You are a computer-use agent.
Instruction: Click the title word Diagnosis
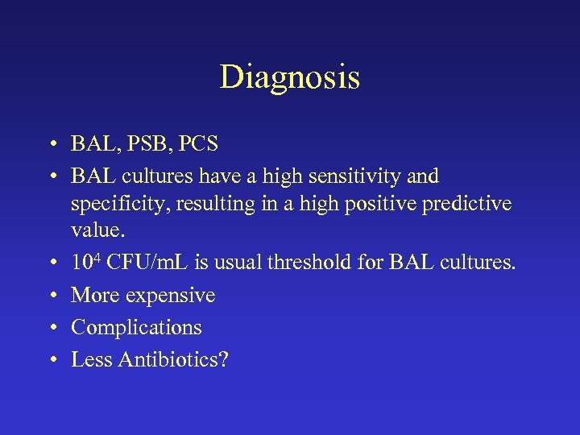[x=289, y=78]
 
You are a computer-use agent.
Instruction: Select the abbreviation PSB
[x=146, y=144]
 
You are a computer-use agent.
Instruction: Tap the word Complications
[x=136, y=328]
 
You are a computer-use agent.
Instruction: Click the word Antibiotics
[x=172, y=359]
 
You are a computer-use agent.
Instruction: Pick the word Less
[x=91, y=359]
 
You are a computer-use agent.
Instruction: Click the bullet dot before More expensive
[x=51, y=296]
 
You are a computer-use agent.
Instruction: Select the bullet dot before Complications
[x=51, y=328]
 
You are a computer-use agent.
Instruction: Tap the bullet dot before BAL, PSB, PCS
[x=51, y=145]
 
